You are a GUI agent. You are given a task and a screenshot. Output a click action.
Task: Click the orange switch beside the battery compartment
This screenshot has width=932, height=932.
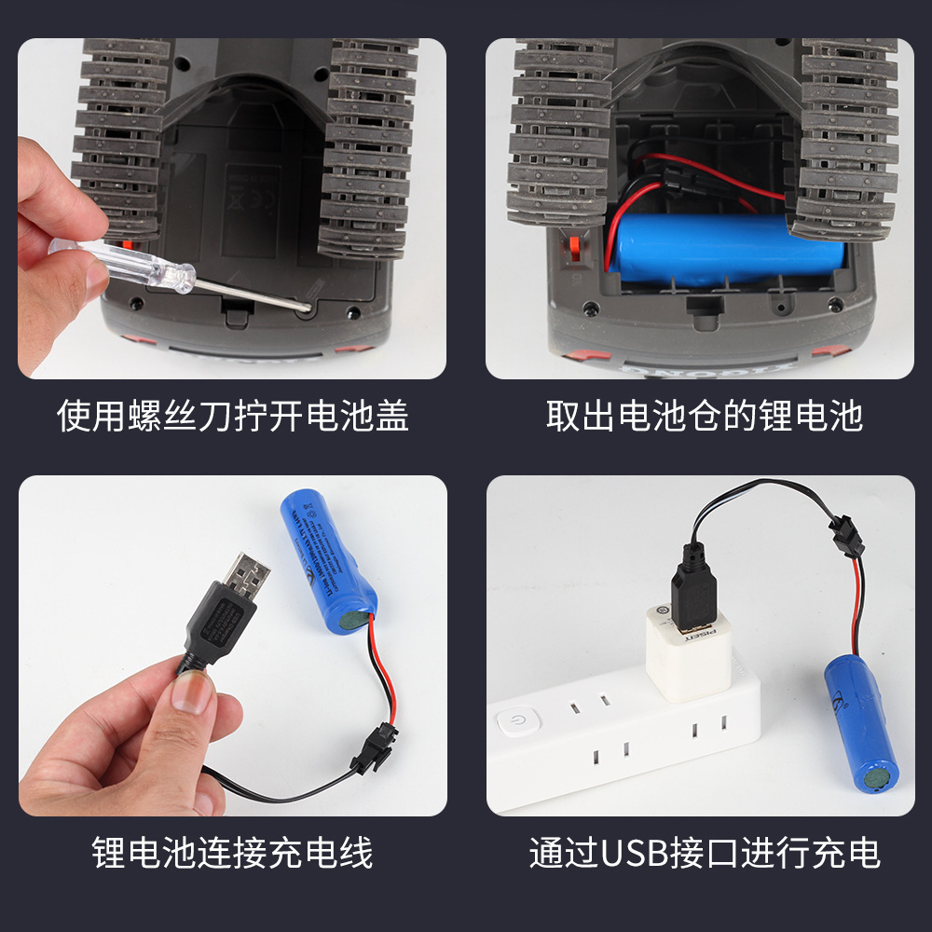point(574,249)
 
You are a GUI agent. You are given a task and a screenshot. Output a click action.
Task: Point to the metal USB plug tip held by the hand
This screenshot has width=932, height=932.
point(247,569)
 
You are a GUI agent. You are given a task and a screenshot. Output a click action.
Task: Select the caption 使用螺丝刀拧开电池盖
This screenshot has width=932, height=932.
point(232,416)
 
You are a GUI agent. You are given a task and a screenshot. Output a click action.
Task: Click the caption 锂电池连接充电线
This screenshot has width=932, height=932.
point(232,853)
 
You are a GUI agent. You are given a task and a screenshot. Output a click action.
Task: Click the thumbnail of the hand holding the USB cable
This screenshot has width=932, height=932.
point(232,646)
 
